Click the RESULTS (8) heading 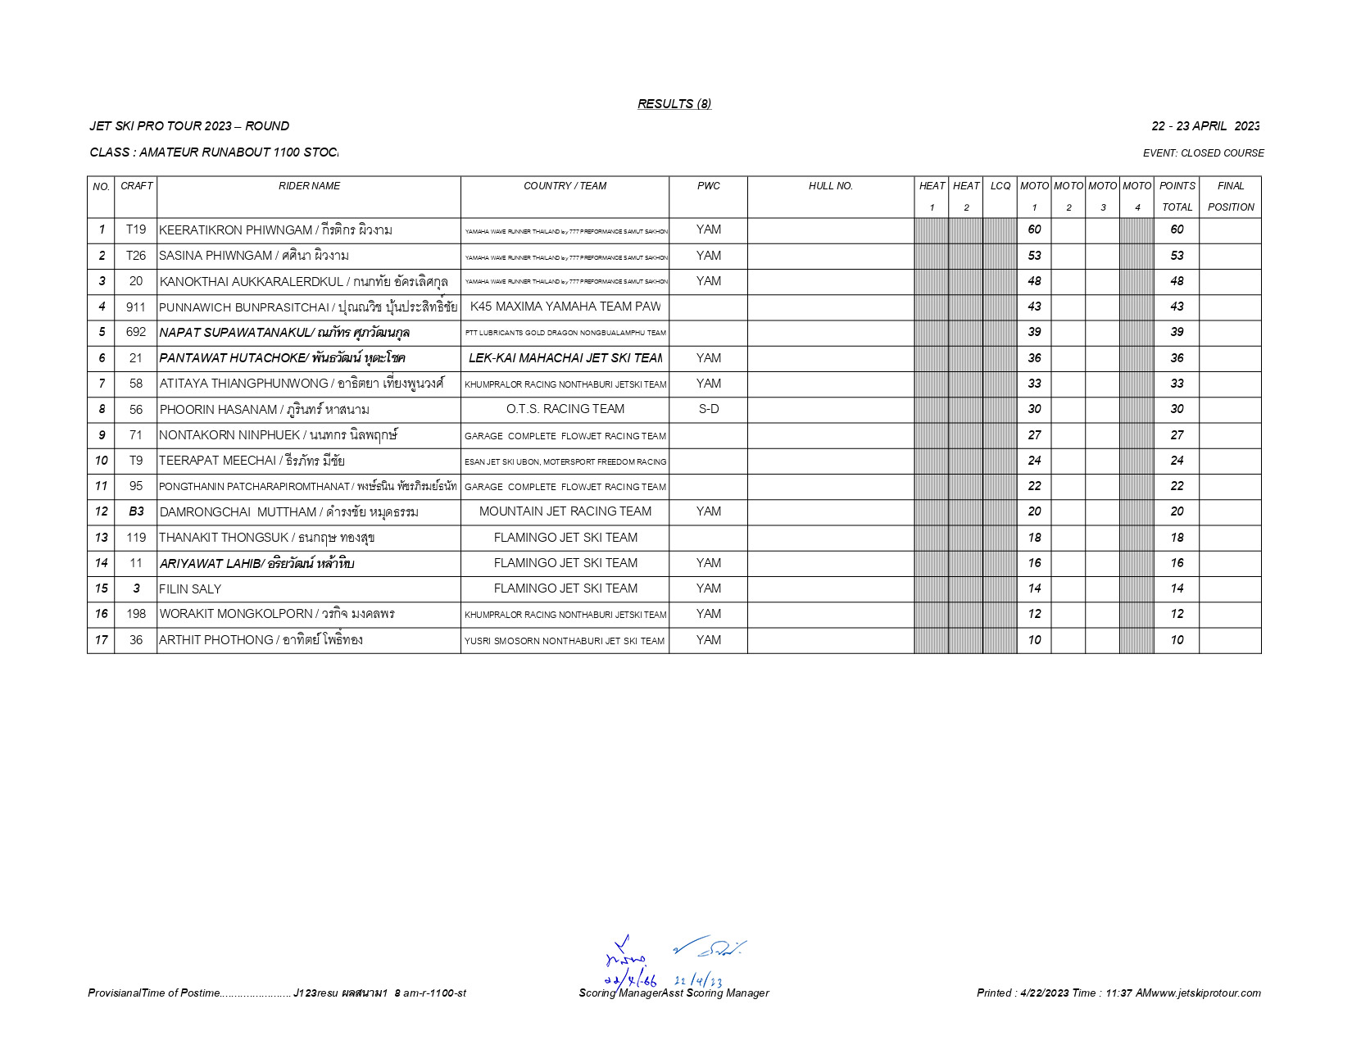coord(674,104)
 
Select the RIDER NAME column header coord(309,186)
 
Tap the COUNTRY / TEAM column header coord(565,186)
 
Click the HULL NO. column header coord(830,186)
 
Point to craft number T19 coord(136,230)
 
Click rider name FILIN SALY coord(190,589)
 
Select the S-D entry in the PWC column coord(708,409)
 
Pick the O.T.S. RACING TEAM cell coord(565,409)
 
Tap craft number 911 coord(136,307)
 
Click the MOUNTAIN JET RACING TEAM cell coord(565,511)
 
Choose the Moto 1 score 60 coord(1034,230)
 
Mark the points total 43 coord(1177,307)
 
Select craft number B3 coord(136,511)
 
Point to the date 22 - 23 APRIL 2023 coord(1205,126)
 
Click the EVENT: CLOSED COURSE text coord(1203,153)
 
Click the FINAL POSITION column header coord(1230,197)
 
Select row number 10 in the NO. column coord(102,461)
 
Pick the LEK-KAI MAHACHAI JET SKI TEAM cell coord(565,358)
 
